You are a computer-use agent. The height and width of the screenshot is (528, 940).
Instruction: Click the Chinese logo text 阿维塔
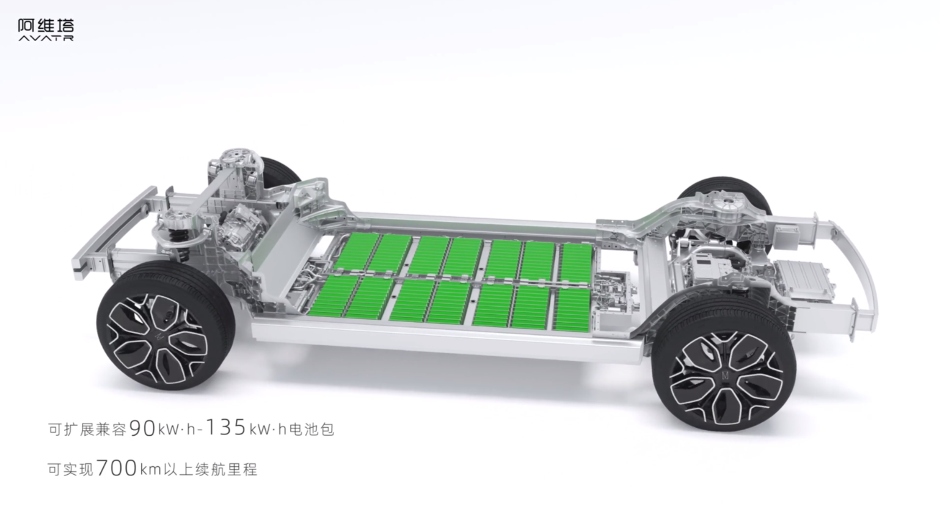(x=46, y=26)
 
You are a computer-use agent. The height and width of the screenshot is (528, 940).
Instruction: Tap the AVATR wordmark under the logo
(x=46, y=38)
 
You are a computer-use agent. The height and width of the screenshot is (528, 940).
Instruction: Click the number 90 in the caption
(x=142, y=428)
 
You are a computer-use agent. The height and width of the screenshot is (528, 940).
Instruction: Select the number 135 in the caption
(x=226, y=427)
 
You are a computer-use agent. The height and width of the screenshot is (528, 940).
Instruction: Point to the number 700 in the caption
(x=117, y=468)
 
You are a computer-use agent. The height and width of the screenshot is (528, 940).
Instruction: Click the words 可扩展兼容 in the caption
(x=87, y=430)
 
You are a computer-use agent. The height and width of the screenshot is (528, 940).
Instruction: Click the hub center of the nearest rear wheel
(x=725, y=376)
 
